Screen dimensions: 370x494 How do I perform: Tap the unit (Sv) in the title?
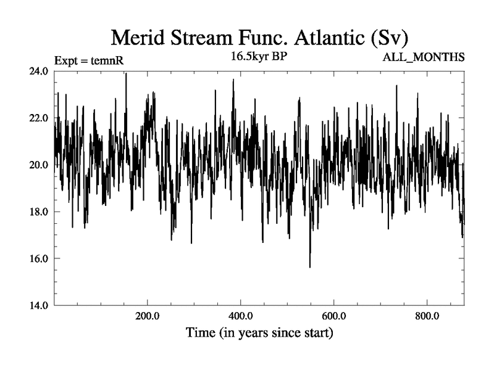tap(389, 38)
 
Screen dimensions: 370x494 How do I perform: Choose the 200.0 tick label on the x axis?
tap(148, 317)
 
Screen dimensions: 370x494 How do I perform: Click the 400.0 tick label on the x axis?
tap(241, 317)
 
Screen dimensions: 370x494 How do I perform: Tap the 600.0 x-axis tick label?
tap(334, 317)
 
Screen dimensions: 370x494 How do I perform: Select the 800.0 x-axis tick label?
tap(427, 317)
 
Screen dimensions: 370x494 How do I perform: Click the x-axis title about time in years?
tap(259, 334)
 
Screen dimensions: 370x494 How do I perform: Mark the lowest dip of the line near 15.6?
tap(310, 266)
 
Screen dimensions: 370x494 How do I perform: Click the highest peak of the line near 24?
tap(126, 74)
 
